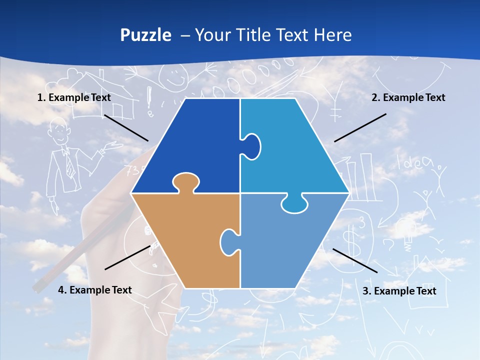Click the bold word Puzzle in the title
(x=145, y=35)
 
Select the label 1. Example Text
(x=74, y=97)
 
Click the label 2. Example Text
(x=408, y=97)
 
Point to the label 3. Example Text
(x=399, y=291)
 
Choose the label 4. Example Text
(x=95, y=290)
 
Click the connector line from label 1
(x=126, y=127)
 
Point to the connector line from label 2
(x=360, y=127)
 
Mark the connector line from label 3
(x=355, y=260)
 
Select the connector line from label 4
(x=127, y=257)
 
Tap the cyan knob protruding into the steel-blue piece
(x=294, y=204)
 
